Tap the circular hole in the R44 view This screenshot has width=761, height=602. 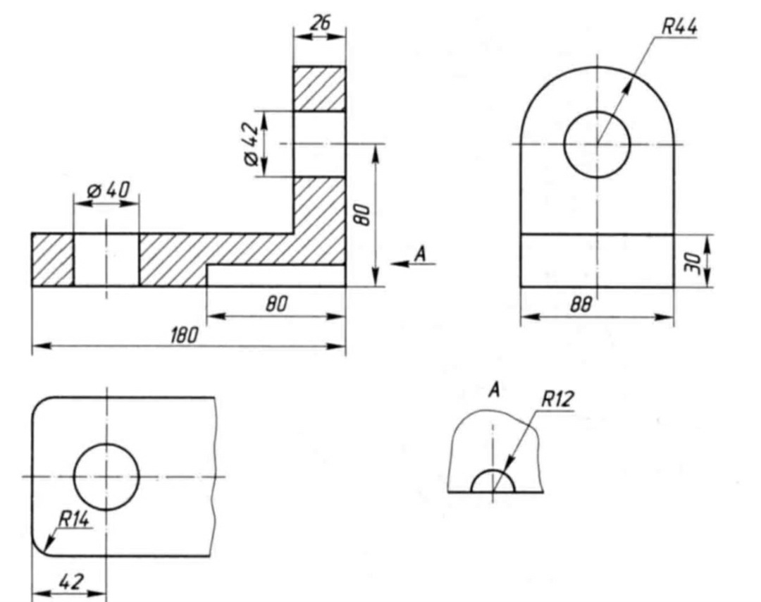(x=597, y=144)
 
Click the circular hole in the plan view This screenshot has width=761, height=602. (x=106, y=476)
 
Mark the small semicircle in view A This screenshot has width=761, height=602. (x=493, y=482)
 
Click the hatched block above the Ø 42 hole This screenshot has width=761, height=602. (x=319, y=88)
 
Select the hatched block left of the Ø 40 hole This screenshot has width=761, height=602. (x=53, y=259)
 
